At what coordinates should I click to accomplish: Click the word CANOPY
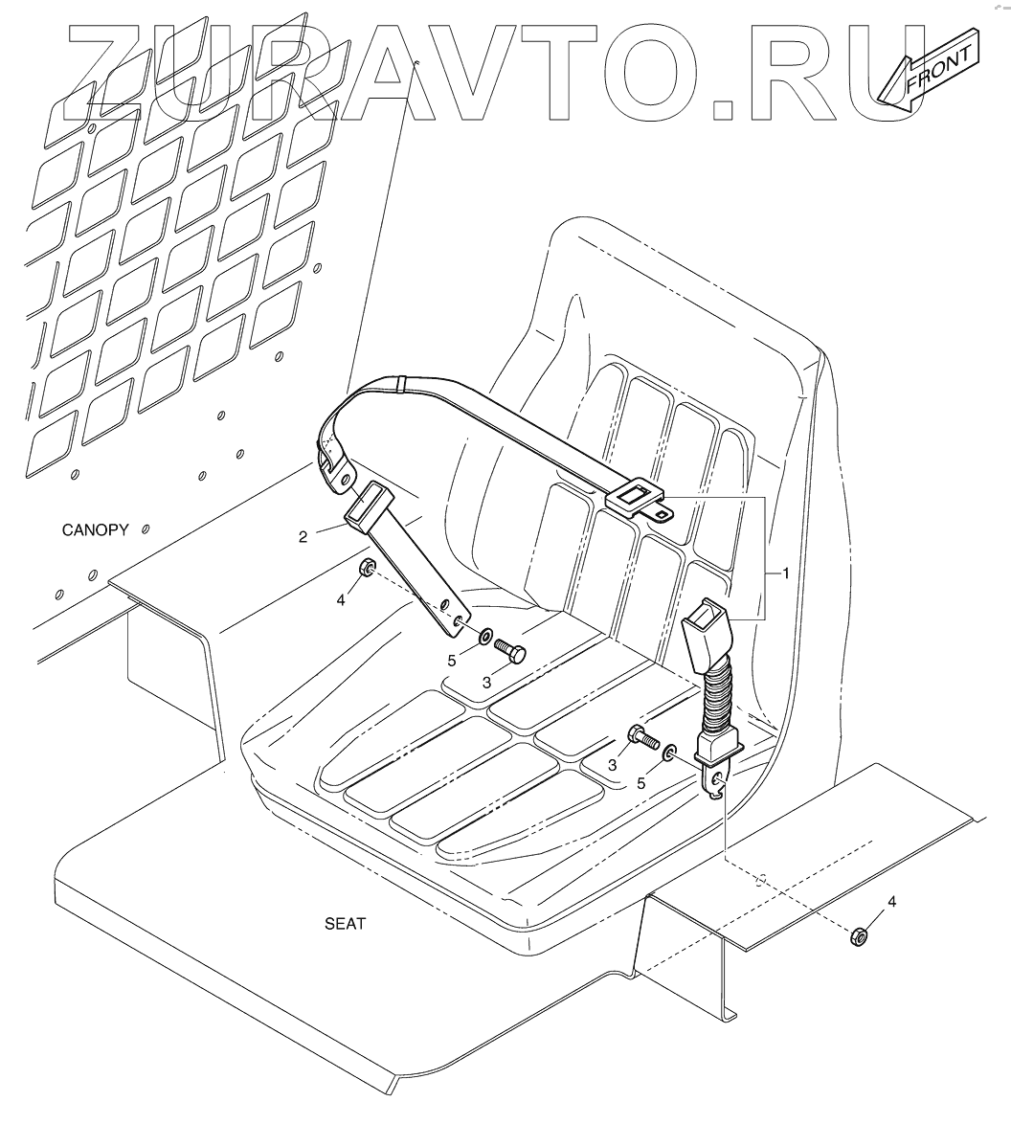(96, 529)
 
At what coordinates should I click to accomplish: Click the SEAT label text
(346, 924)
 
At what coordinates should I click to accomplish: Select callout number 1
(786, 573)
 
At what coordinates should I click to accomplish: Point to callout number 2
(303, 536)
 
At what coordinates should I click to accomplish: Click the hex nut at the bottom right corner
(858, 935)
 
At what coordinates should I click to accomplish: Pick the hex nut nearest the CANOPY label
(366, 571)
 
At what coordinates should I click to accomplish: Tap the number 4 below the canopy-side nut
(341, 600)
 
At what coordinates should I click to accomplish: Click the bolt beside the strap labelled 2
(511, 654)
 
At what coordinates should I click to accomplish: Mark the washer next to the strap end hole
(485, 636)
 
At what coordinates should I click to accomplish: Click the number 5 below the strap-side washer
(452, 660)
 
